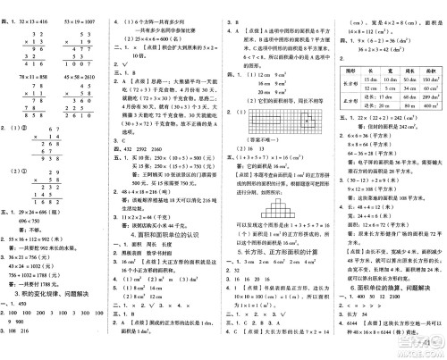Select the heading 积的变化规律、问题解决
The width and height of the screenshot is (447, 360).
(x=55, y=295)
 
